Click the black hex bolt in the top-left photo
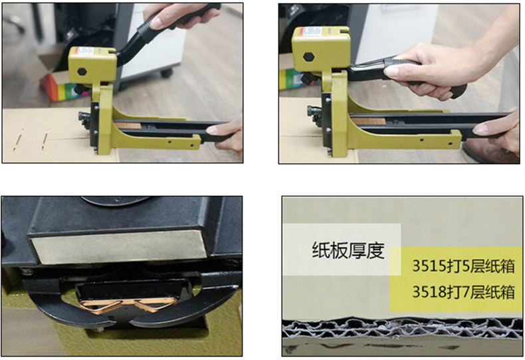pos(82,71)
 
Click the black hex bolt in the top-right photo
pos(309,56)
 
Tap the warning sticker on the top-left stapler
pos(84,51)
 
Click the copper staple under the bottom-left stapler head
pos(128,305)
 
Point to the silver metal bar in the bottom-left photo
pos(119,246)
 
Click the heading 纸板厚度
pos(348,250)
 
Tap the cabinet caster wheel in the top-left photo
pos(166,72)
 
